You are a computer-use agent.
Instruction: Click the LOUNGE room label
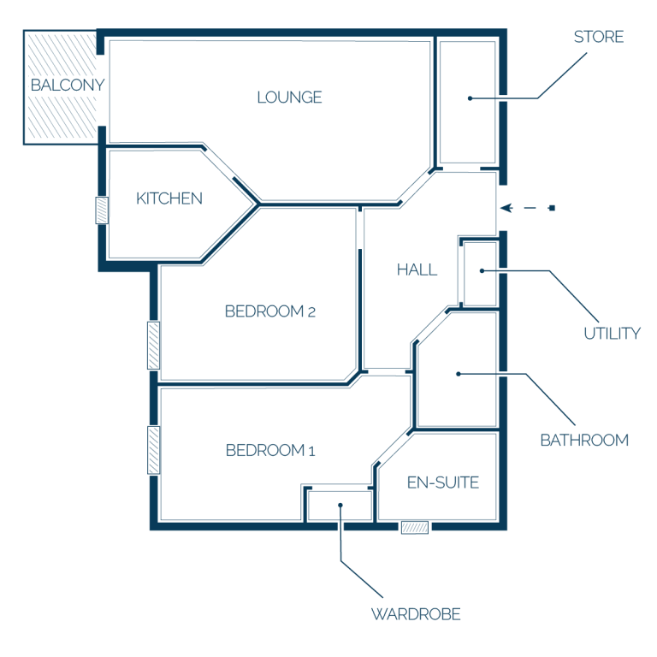[x=289, y=98]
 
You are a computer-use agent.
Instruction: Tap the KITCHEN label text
[x=169, y=198]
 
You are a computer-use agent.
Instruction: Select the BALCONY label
[x=68, y=85]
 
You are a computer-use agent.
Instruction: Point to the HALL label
[x=417, y=269]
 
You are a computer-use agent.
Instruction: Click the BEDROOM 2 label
[x=269, y=311]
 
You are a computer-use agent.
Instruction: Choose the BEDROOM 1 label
[x=270, y=451]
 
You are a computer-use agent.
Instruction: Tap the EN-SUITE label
[x=443, y=482]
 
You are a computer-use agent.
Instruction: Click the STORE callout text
[x=599, y=37]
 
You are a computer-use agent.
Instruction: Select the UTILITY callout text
[x=613, y=334]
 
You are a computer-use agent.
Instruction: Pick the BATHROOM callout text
[x=584, y=441]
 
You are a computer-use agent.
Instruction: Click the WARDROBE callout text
[x=416, y=614]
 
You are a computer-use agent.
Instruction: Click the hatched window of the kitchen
[x=102, y=210]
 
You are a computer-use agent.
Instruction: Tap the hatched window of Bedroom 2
[x=154, y=346]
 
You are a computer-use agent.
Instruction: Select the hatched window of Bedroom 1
[x=154, y=450]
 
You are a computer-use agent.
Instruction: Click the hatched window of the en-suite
[x=415, y=528]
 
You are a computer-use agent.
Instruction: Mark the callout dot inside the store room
[x=471, y=98]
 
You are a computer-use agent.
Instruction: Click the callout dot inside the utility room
[x=482, y=271]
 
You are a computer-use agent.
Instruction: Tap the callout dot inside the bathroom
[x=459, y=374]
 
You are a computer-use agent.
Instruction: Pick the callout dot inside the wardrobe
[x=340, y=506]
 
